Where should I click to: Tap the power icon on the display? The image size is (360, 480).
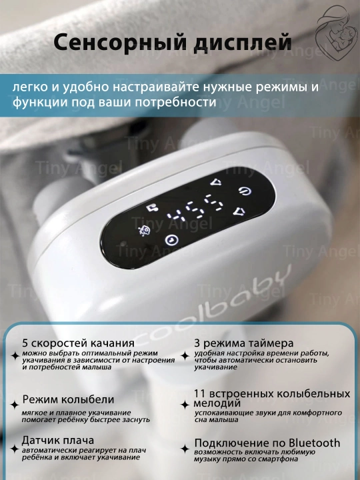point(245,191)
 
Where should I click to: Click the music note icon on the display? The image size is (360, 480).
point(151,208)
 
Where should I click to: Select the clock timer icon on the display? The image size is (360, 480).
point(171,240)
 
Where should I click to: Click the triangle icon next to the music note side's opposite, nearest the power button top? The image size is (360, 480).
point(216,182)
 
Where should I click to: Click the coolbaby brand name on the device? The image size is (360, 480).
point(216,306)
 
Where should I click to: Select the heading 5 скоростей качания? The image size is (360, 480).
point(79,343)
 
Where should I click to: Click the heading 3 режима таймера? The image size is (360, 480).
point(244,343)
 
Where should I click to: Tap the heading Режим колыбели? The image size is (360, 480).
point(68,399)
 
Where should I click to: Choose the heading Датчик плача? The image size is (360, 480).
point(57,440)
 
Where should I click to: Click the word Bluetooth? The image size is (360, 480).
point(315,443)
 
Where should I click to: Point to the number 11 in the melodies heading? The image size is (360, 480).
point(199,394)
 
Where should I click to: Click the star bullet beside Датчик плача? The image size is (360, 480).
point(15,449)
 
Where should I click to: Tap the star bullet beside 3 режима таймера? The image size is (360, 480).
point(185,356)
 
